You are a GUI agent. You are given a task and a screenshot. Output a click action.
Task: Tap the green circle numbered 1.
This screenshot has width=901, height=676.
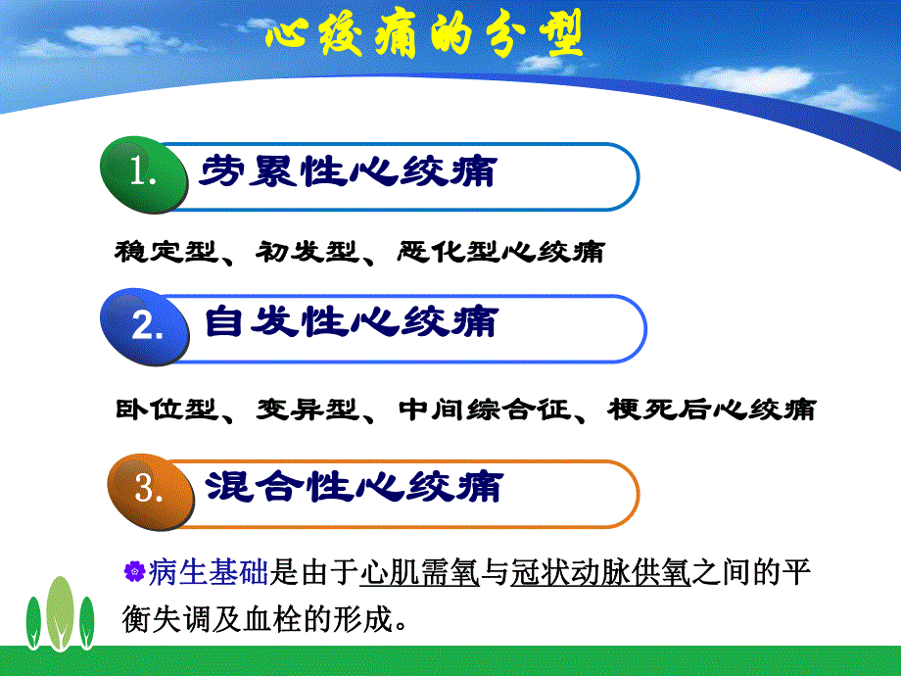pos(144,175)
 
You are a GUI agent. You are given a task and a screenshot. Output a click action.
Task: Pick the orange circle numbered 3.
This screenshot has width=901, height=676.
pos(147,487)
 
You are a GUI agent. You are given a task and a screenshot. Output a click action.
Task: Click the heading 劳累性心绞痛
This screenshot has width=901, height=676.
pos(348,172)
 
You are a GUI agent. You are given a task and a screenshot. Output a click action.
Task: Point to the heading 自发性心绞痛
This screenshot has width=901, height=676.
pos(351,322)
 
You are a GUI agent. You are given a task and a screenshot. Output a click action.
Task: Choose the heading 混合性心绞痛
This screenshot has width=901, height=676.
pos(354,486)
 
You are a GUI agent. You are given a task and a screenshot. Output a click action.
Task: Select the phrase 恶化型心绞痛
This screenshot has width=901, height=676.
pos(500,253)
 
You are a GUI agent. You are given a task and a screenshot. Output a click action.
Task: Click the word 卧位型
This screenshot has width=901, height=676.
pos(163,410)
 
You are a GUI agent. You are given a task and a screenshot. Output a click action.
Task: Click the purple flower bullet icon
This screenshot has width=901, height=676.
pos(135,571)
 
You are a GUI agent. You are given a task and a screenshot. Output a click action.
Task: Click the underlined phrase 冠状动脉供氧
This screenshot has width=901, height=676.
pos(601,572)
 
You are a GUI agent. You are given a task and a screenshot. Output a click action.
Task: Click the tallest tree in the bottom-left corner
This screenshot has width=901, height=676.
pos(60,607)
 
